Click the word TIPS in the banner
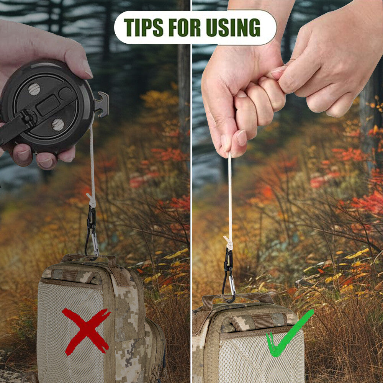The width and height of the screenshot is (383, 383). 143,27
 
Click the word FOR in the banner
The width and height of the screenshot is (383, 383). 185,27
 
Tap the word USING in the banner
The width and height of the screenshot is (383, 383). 233,27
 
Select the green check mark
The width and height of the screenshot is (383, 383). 288,335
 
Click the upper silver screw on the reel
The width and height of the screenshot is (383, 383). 34,89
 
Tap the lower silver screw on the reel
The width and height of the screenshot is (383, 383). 58,124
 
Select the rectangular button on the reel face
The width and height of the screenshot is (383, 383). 48,105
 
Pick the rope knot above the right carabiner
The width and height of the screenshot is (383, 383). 229,243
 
